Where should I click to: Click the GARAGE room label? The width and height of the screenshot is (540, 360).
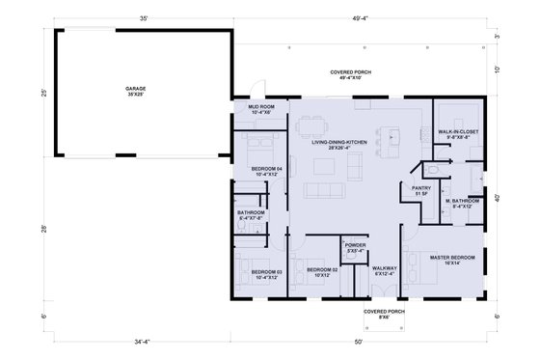coord(135,91)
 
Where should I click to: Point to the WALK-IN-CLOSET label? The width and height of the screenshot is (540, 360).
coord(458,133)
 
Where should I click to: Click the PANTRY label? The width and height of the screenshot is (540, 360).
coord(419,191)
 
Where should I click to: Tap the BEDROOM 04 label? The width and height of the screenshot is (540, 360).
coord(266,171)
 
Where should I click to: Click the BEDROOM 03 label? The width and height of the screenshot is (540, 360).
coord(265,274)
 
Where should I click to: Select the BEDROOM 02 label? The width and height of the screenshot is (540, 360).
coord(321,271)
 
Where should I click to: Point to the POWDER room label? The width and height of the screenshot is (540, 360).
coord(354,248)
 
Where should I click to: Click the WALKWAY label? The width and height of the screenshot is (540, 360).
coord(386,271)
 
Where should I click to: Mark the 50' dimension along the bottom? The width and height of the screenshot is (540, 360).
coord(360,341)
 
